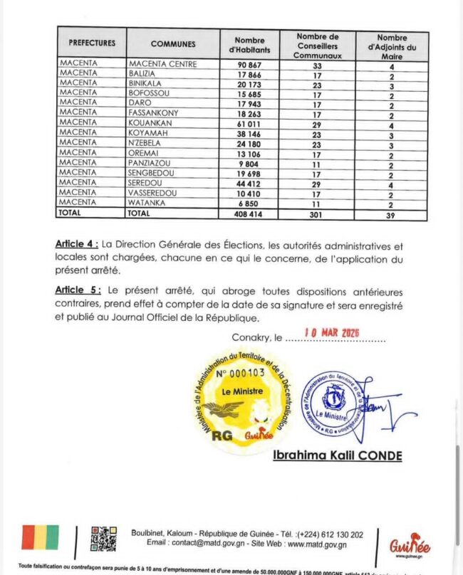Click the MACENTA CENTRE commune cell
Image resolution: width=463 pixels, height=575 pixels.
pyautogui.click(x=163, y=63)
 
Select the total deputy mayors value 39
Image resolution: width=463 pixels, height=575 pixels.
pyautogui.click(x=392, y=212)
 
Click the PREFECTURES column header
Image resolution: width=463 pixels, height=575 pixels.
pyautogui.click(x=92, y=43)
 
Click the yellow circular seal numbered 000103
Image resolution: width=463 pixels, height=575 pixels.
pyautogui.click(x=241, y=401)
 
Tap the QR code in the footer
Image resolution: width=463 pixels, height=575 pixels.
pyautogui.click(x=103, y=539)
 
